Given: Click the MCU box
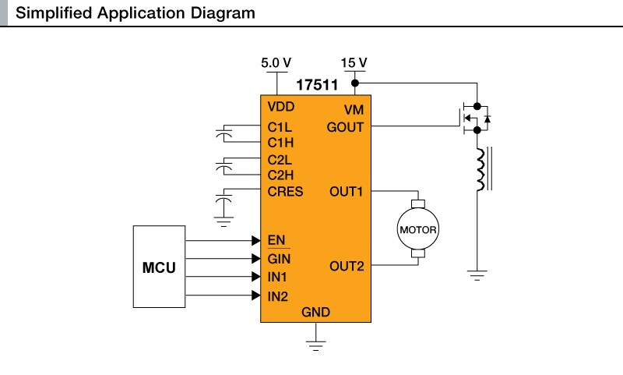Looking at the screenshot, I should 159,267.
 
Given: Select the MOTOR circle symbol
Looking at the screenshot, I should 418,230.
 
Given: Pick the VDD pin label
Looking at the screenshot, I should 281,107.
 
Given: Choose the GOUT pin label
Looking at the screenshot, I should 345,126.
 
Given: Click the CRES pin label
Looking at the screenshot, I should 285,192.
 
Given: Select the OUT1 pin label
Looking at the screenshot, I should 347,192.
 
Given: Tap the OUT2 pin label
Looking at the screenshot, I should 347,267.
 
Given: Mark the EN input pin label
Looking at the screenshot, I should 276,239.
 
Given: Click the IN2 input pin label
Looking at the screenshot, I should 278,295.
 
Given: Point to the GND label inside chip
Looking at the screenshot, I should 316,313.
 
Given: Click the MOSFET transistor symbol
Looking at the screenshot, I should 474,119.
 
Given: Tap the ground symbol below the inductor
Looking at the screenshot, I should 477,275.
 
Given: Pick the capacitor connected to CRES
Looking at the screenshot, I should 225,204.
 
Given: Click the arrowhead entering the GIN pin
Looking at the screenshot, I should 255,259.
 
